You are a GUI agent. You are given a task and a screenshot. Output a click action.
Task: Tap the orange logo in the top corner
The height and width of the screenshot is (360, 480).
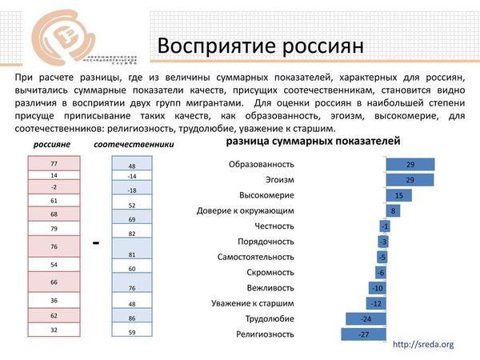coord(65,39)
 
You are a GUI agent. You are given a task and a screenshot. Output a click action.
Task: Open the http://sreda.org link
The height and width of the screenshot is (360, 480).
coord(424,345)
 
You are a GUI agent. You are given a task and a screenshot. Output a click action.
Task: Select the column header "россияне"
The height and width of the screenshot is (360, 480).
coord(53,145)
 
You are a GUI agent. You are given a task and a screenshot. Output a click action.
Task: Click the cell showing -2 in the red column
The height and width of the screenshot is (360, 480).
coord(54,186)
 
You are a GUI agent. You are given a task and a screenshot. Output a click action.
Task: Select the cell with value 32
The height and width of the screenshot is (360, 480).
coord(54,329)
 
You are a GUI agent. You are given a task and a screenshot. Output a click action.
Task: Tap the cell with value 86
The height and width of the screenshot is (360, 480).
coord(132,318)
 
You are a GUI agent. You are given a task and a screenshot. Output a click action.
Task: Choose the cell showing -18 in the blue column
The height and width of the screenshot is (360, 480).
coord(132,190)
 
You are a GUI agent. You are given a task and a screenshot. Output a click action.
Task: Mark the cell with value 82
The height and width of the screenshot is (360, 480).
coord(132,233)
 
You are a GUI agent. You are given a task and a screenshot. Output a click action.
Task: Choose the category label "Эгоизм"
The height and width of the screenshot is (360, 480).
coord(277,180)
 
